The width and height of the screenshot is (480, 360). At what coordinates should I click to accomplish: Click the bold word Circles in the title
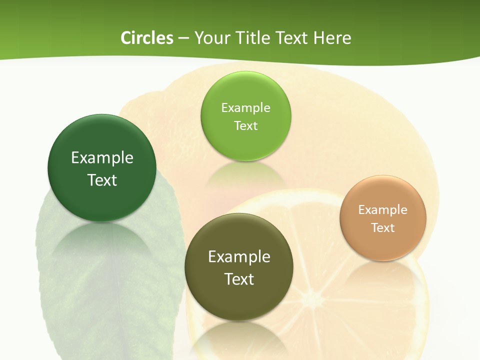pyautogui.click(x=146, y=38)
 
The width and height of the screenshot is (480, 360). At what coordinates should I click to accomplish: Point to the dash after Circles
pyautogui.click(x=183, y=38)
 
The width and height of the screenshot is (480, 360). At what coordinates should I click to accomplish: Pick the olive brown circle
pyautogui.click(x=239, y=300)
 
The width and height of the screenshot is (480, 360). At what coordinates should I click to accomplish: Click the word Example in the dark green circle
pyautogui.click(x=102, y=158)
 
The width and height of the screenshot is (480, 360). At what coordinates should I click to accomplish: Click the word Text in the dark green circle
pyautogui.click(x=102, y=180)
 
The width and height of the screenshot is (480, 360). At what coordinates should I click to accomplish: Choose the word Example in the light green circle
pyautogui.click(x=245, y=108)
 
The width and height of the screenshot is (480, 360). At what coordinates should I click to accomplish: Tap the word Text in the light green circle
pyautogui.click(x=245, y=125)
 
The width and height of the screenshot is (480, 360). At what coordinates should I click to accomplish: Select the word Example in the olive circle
pyautogui.click(x=239, y=257)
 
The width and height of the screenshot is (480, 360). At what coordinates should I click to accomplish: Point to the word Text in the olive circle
pyautogui.click(x=239, y=279)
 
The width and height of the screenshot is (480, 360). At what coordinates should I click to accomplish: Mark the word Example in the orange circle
pyautogui.click(x=383, y=210)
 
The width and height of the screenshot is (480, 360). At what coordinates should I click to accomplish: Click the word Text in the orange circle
pyautogui.click(x=383, y=228)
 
